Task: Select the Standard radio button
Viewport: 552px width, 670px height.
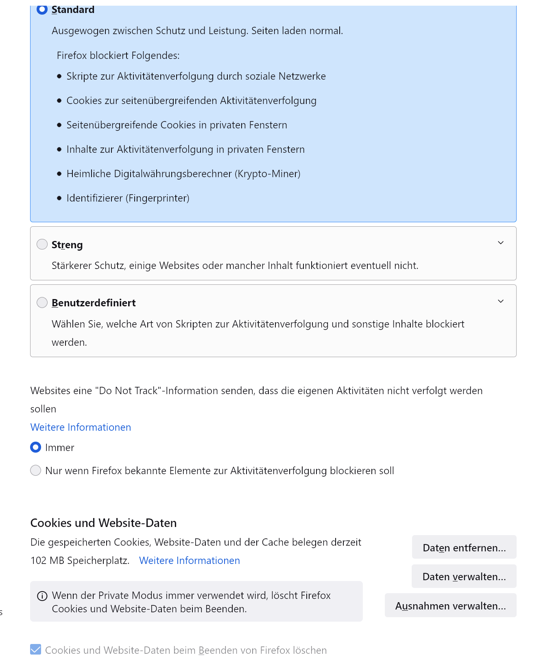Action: pos(42,9)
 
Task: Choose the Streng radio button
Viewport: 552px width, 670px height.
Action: pos(42,244)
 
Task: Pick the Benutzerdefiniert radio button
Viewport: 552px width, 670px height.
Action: pos(42,303)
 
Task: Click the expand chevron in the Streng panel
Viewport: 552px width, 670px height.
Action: pos(501,243)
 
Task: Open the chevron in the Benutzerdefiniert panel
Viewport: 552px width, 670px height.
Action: pos(501,301)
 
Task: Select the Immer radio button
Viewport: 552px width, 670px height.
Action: pos(36,447)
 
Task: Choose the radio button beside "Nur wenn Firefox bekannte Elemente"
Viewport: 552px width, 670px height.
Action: pos(36,471)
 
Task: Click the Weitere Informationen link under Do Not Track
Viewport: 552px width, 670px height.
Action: pos(81,427)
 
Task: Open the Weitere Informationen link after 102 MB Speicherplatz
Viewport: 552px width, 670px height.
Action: pos(190,560)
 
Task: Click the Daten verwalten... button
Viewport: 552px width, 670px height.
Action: pos(464,577)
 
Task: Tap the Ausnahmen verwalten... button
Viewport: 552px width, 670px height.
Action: pos(450,606)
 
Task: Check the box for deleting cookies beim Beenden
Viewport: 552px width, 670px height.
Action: pos(36,650)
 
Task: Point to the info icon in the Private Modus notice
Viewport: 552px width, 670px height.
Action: pos(42,596)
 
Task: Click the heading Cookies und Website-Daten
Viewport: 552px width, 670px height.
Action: pos(103,523)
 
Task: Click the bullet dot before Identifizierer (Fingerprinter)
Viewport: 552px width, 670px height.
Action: pos(59,198)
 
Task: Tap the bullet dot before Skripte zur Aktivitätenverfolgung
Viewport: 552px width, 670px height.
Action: pos(59,76)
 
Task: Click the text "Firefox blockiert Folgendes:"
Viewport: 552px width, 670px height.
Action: pos(118,55)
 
